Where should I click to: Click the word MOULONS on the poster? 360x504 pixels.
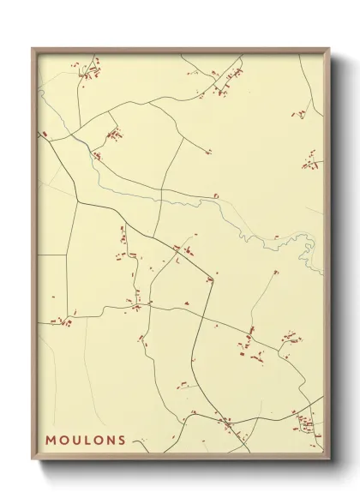pos(86,441)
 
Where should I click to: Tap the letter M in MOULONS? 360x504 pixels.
pos(51,441)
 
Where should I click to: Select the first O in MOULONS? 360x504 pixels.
pos(63,441)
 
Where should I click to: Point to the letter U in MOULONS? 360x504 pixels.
pos(75,441)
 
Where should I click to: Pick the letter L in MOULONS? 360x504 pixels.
pos(87,441)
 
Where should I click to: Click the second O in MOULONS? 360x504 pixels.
pos(98,441)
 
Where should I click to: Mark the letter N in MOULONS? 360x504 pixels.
pos(111,441)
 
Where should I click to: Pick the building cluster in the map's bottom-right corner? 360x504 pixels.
pos(304,422)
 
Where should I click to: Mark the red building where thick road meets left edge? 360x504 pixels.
pos(43,134)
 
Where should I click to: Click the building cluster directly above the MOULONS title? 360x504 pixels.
pos(60,322)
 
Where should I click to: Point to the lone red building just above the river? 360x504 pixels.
pos(217,196)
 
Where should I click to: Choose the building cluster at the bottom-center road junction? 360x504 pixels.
pos(227,422)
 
